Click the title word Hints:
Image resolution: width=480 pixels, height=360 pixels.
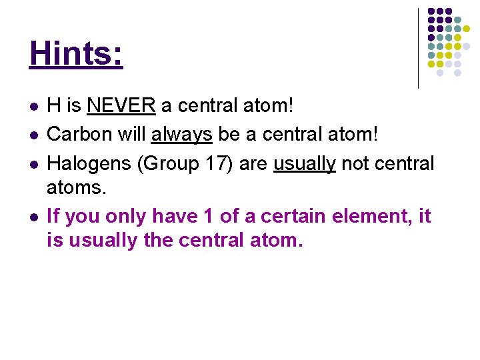click(77, 54)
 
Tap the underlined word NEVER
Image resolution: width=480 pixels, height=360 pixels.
click(121, 106)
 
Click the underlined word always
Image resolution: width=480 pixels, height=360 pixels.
click(181, 135)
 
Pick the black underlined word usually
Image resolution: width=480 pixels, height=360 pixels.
click(305, 163)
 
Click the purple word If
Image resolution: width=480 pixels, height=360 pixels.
click(53, 216)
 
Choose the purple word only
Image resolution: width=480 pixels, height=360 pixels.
click(125, 216)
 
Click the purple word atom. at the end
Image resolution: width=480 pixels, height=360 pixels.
click(277, 240)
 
